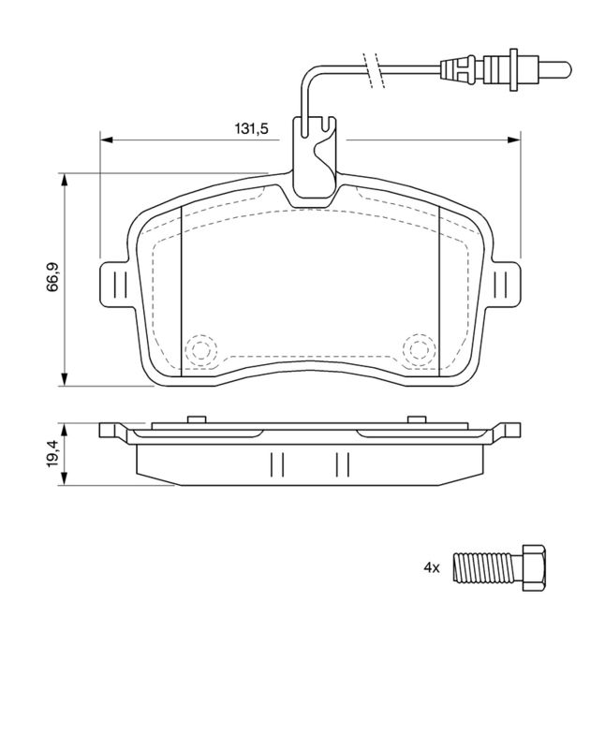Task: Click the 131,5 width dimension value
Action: click(251, 128)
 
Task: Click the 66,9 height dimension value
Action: click(52, 276)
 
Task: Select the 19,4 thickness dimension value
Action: click(52, 454)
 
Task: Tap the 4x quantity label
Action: click(431, 568)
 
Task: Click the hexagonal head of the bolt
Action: click(533, 568)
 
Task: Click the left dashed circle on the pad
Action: click(200, 349)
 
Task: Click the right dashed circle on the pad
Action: click(420, 349)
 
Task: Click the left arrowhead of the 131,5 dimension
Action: click(106, 140)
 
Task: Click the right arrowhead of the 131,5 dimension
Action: click(514, 140)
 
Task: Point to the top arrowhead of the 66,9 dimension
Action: click(64, 180)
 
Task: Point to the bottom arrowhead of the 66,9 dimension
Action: click(64, 379)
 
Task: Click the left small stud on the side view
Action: click(197, 419)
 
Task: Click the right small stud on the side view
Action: click(416, 419)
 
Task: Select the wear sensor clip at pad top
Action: click(316, 157)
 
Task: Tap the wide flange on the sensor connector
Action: click(514, 69)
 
